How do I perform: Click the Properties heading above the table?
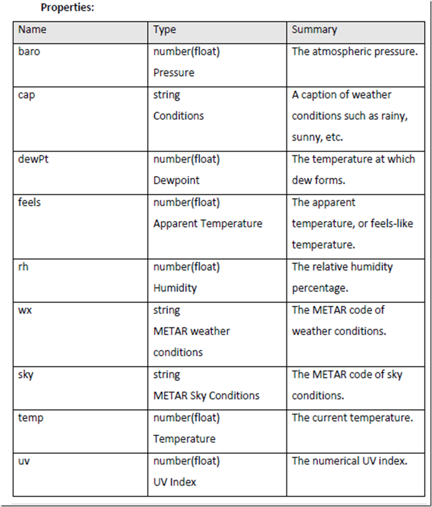point(67,8)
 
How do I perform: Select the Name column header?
point(32,30)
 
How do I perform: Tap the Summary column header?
point(314,30)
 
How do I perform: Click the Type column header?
point(165,30)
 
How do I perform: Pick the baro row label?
point(29,51)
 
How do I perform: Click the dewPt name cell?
point(33,159)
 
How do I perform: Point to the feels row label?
point(29,202)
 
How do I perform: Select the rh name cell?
point(24,267)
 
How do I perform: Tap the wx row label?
point(25,310)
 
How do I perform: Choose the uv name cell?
point(24,461)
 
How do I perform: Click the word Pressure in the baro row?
point(174,73)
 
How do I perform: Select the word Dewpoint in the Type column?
point(176,180)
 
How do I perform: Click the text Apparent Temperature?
point(207,224)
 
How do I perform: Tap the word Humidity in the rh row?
point(175,288)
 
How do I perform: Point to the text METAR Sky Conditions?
point(206,396)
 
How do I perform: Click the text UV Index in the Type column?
point(175,482)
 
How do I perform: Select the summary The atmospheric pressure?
point(355,51)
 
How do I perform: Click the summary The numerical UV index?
point(349,461)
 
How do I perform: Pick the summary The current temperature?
point(352,418)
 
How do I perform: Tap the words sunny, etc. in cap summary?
point(317,137)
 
